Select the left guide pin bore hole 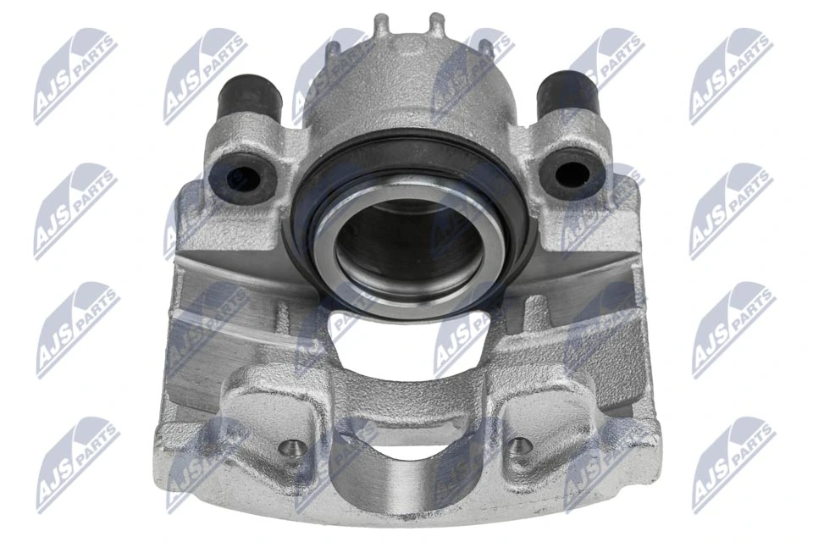[x=242, y=177]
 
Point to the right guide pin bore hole [x=571, y=174]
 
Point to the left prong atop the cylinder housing [x=382, y=25]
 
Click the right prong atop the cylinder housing [x=436, y=25]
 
